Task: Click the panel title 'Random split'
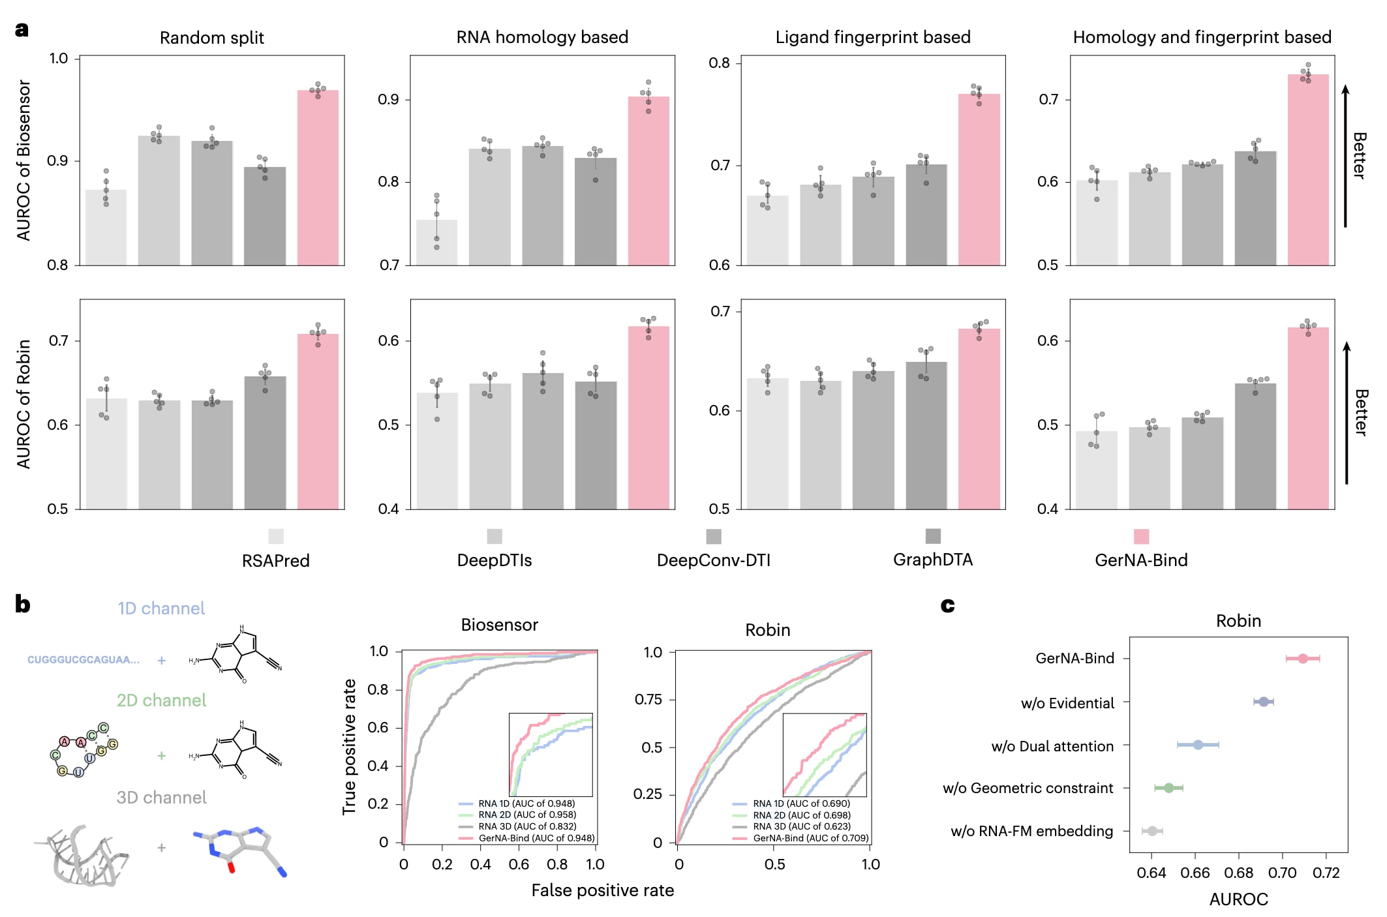(211, 38)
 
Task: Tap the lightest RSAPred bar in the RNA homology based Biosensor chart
(436, 243)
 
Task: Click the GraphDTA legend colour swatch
(933, 536)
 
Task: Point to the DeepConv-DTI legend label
(713, 560)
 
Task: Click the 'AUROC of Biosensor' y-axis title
(23, 160)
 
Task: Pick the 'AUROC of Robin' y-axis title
(23, 404)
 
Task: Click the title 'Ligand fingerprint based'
(872, 37)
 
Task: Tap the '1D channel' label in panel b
(161, 609)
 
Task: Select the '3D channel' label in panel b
(161, 798)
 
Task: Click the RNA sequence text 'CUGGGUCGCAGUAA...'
(84, 660)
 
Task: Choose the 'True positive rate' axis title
(349, 747)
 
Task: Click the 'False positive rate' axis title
(602, 890)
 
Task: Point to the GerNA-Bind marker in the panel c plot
(1302, 659)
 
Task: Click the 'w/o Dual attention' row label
(1052, 746)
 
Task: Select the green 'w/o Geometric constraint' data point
(1168, 788)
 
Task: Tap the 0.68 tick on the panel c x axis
(1238, 873)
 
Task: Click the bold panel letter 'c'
(947, 606)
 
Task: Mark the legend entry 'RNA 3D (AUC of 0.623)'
(801, 826)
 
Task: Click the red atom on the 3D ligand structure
(231, 868)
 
